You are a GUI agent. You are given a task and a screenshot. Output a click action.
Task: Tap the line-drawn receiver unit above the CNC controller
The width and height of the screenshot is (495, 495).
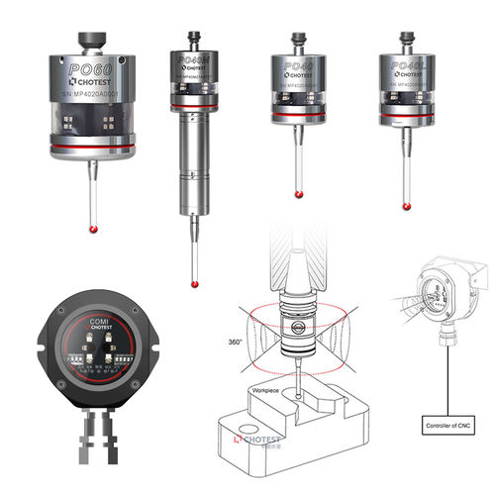(445, 287)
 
